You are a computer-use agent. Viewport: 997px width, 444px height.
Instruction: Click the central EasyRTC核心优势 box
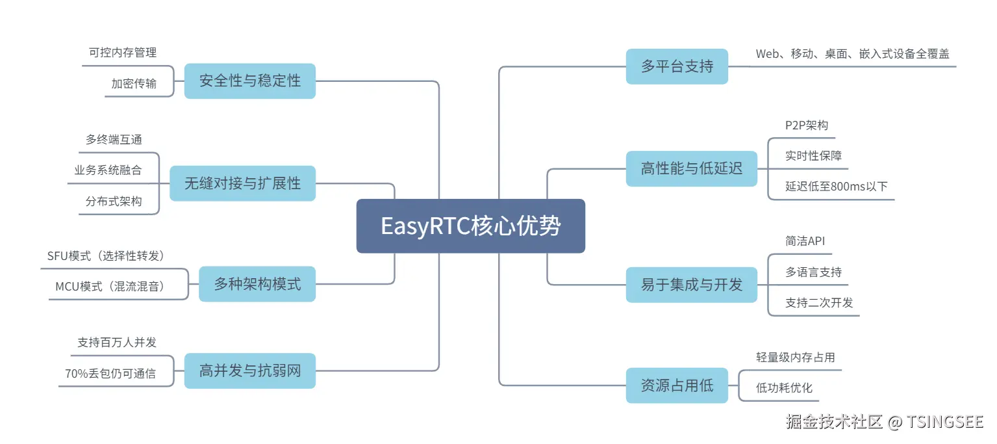tap(470, 226)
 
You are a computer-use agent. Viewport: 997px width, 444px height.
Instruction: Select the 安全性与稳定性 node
tap(249, 81)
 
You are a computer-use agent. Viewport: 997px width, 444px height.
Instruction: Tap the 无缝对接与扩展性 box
tap(242, 183)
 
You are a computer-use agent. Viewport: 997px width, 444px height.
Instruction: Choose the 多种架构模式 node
tap(257, 283)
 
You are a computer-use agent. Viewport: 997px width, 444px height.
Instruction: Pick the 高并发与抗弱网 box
tap(249, 371)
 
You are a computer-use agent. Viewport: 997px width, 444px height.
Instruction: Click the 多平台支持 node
tap(677, 66)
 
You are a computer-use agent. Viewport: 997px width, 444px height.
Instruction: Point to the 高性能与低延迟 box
tap(691, 169)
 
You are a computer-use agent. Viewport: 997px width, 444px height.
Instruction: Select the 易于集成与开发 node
tap(691, 284)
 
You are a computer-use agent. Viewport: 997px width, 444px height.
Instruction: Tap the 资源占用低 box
tap(677, 385)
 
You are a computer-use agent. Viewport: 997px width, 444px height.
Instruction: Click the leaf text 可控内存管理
tap(123, 53)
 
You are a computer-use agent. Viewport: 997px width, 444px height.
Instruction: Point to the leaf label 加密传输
tap(134, 83)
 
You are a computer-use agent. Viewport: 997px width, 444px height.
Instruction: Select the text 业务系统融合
tap(108, 170)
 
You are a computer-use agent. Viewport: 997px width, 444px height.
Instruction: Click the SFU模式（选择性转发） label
tap(106, 255)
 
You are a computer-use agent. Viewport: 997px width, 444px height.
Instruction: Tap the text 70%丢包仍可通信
tap(110, 373)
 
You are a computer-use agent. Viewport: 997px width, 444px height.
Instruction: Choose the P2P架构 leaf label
tap(807, 125)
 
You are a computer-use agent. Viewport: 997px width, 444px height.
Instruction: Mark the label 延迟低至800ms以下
tap(836, 187)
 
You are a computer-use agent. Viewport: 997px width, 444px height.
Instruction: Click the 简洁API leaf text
tap(805, 241)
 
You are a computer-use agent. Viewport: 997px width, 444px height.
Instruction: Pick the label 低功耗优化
tap(784, 388)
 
